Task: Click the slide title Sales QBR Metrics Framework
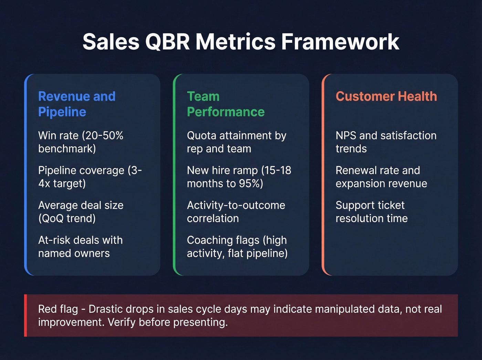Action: click(x=241, y=42)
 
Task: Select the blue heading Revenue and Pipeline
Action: click(x=76, y=104)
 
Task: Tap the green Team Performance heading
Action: click(x=226, y=104)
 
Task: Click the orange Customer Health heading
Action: click(x=386, y=96)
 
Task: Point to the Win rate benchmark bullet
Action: click(x=81, y=142)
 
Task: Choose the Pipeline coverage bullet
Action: click(x=90, y=177)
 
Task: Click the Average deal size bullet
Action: click(x=81, y=212)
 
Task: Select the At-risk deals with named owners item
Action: click(x=80, y=246)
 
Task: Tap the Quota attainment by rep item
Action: click(x=236, y=142)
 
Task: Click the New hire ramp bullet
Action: click(x=239, y=177)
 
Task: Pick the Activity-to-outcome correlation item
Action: click(x=236, y=212)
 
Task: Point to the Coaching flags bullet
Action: click(x=237, y=246)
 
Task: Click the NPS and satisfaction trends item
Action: click(x=386, y=142)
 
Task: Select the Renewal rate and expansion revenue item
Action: click(x=381, y=177)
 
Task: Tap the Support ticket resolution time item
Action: click(x=371, y=212)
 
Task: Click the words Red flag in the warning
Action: click(x=58, y=309)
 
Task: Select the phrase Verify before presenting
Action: click(x=168, y=322)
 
